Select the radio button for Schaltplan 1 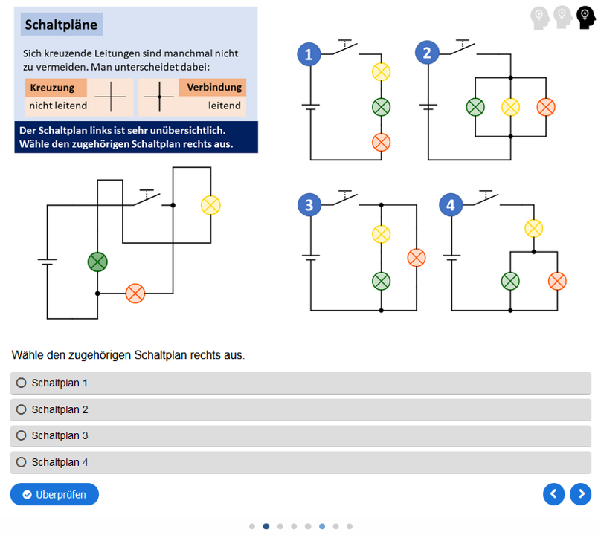22,383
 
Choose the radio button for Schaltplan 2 22,409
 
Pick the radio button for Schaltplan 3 22,435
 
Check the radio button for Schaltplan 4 22,462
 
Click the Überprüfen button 54,494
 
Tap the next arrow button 580,493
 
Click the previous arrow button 553,493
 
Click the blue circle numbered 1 309,53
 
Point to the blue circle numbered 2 426,53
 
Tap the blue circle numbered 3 309,205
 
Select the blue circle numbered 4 451,205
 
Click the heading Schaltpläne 62,25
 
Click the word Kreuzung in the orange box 52,88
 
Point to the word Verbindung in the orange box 214,88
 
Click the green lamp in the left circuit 97,262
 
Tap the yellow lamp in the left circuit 210,205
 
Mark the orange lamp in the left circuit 135,294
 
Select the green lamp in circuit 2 475,107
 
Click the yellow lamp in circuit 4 533,228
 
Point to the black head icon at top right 585,18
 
